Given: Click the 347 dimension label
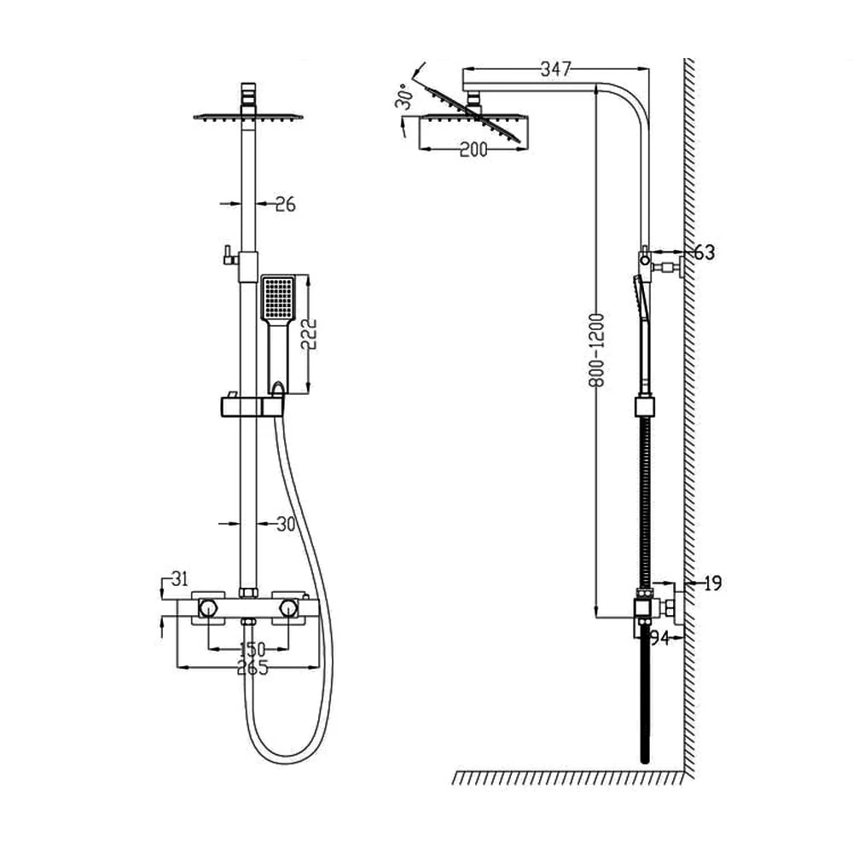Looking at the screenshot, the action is (555, 69).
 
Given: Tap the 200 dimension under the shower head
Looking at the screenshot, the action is (473, 149).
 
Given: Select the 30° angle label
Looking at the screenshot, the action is (405, 97).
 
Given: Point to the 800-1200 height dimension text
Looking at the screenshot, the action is (597, 350).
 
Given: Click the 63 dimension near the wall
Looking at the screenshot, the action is (705, 252).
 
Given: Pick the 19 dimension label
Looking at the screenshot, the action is (712, 583).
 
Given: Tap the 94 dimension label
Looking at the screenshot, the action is (659, 637).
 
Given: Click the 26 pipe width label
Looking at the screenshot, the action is (285, 205).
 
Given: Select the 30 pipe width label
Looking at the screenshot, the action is (286, 524).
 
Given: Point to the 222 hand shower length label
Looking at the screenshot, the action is (309, 334).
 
